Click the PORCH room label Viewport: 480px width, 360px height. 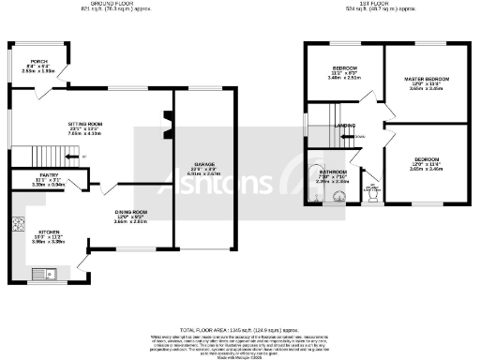[38, 62]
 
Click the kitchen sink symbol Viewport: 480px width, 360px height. [43, 274]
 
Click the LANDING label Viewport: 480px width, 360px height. [346, 125]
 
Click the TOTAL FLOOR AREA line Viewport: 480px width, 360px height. [239, 329]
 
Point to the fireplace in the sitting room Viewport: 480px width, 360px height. [168, 119]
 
